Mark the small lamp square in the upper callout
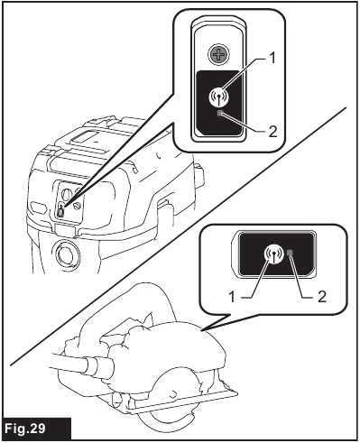[x=219, y=115]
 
